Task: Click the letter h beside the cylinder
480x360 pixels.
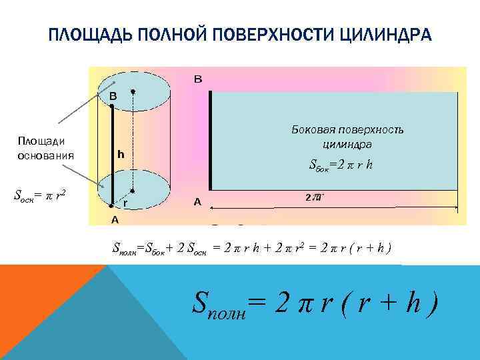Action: pyautogui.click(x=121, y=155)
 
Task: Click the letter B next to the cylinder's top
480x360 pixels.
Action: pyautogui.click(x=113, y=96)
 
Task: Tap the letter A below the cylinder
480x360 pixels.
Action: pyautogui.click(x=115, y=219)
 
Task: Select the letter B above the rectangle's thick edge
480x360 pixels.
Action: pyautogui.click(x=198, y=79)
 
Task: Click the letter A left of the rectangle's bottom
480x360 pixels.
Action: pyautogui.click(x=197, y=201)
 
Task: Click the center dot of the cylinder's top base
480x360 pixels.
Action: pyautogui.click(x=133, y=91)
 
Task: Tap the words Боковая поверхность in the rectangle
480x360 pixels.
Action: pyautogui.click(x=347, y=129)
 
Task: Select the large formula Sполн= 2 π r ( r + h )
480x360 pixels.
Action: pyautogui.click(x=315, y=305)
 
